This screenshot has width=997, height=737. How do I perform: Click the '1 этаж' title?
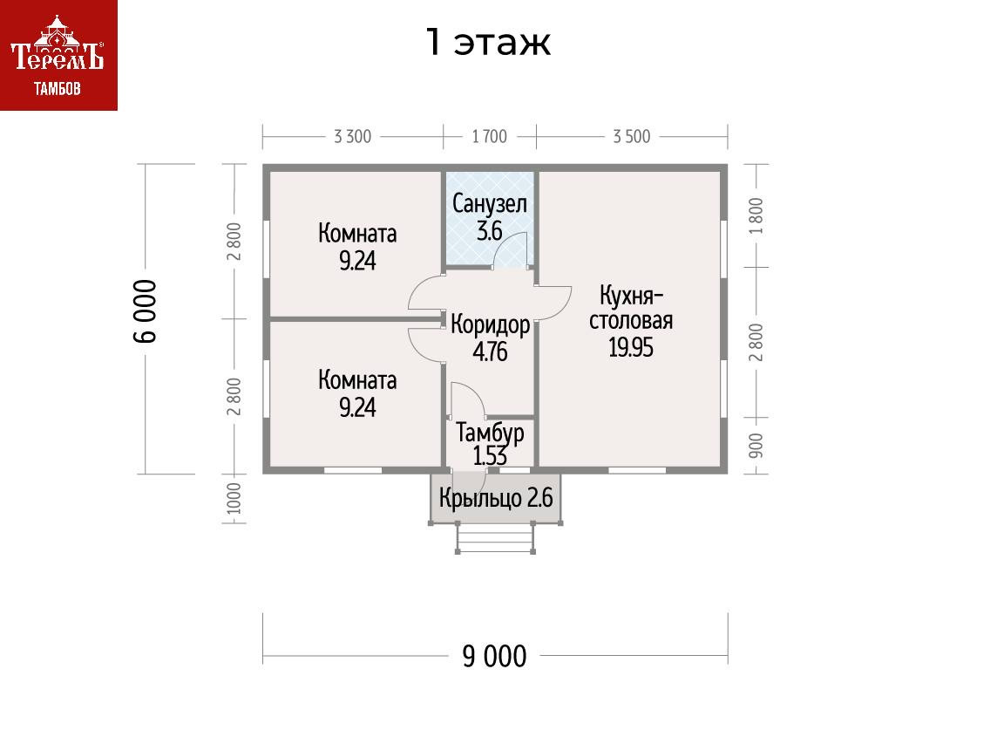tap(488, 42)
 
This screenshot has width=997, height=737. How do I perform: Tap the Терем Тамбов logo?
tap(58, 55)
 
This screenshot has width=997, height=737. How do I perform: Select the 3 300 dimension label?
tap(352, 137)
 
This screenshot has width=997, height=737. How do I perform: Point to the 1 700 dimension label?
tap(489, 137)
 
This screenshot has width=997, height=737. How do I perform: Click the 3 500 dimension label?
tap(631, 137)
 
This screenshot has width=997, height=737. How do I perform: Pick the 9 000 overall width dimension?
tap(495, 656)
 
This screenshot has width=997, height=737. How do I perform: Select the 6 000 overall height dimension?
tap(146, 311)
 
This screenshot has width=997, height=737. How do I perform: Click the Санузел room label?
tap(489, 206)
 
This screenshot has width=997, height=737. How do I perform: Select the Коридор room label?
tap(490, 325)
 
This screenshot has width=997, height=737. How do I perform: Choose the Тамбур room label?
tap(490, 432)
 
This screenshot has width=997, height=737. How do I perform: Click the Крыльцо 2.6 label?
tap(495, 499)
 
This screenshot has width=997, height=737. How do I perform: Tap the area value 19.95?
tap(631, 348)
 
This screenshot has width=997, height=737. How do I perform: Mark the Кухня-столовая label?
tap(631, 306)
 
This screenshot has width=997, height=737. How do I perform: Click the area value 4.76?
tap(490, 351)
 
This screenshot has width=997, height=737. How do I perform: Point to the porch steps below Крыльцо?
tap(494, 538)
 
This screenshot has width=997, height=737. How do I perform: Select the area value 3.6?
tap(489, 232)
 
